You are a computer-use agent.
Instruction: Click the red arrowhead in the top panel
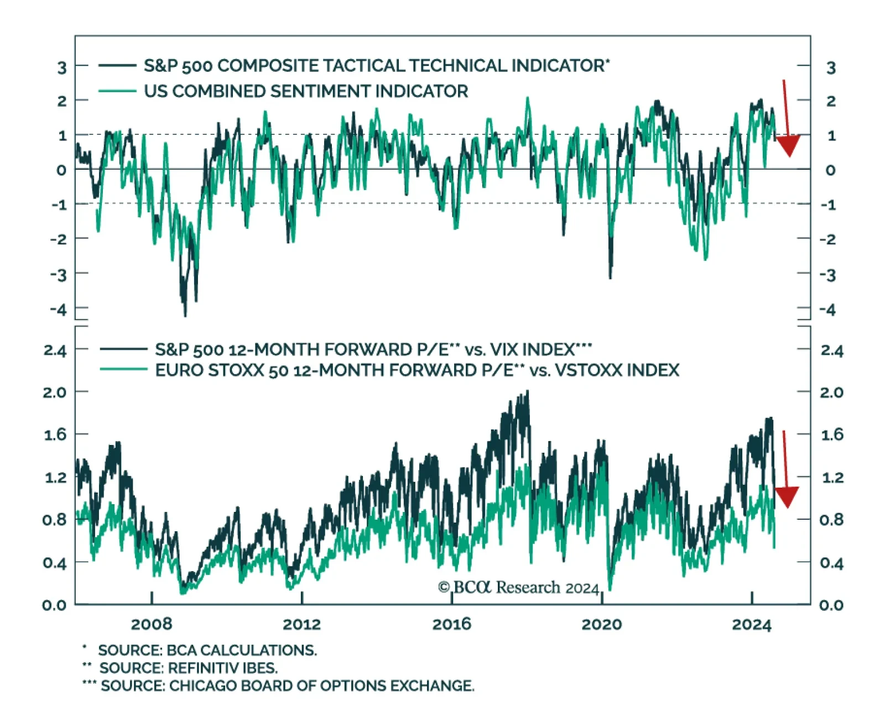[788, 145]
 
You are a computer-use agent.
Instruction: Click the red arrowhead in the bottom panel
[787, 496]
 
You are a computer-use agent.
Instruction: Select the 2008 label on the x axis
[152, 624]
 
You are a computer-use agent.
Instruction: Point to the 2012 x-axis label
[301, 624]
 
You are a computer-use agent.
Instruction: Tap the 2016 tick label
[451, 624]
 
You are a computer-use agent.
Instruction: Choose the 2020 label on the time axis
[602, 624]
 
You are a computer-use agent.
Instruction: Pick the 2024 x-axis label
[751, 624]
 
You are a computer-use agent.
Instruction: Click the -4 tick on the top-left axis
[58, 309]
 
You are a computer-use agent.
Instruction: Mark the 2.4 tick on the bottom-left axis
[55, 350]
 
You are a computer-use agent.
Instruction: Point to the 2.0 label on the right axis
[831, 393]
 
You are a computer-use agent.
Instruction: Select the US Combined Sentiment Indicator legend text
[306, 91]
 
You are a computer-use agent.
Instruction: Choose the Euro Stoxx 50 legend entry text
[417, 370]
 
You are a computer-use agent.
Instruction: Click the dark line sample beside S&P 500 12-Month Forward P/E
[123, 349]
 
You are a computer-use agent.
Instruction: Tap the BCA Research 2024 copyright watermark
[518, 587]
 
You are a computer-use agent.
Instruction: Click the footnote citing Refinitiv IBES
[188, 668]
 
